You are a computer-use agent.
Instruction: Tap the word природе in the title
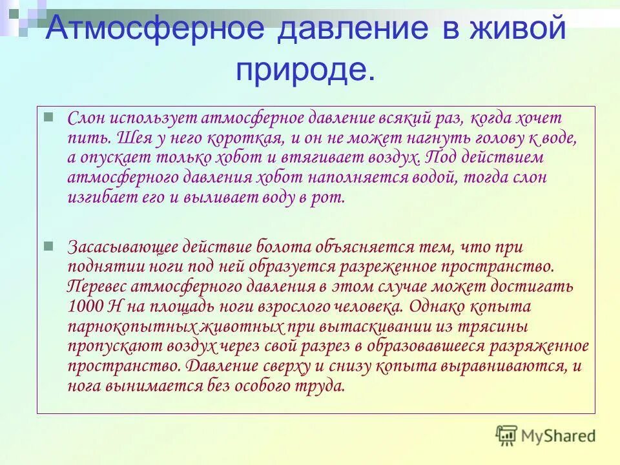click(304, 68)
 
